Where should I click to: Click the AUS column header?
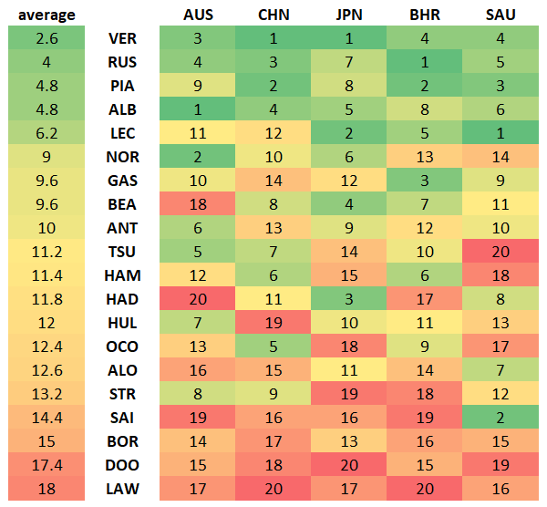click(x=198, y=15)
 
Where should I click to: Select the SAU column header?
click(x=500, y=15)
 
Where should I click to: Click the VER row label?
click(x=123, y=38)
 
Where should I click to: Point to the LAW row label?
click(x=123, y=489)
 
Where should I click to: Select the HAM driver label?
click(x=123, y=275)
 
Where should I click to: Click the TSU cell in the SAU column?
click(x=500, y=252)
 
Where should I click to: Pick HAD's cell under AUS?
click(x=198, y=299)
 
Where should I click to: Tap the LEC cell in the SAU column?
click(x=500, y=133)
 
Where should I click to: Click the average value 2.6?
click(x=43, y=38)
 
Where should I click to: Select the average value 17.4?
click(x=43, y=465)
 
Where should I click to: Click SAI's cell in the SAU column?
click(x=500, y=418)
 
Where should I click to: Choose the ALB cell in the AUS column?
click(x=198, y=109)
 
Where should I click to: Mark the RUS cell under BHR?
click(x=424, y=62)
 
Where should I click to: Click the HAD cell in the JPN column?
click(x=348, y=299)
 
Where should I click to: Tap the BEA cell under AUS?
click(x=198, y=204)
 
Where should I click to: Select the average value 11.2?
click(x=43, y=252)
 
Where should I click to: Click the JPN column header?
click(x=348, y=15)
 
